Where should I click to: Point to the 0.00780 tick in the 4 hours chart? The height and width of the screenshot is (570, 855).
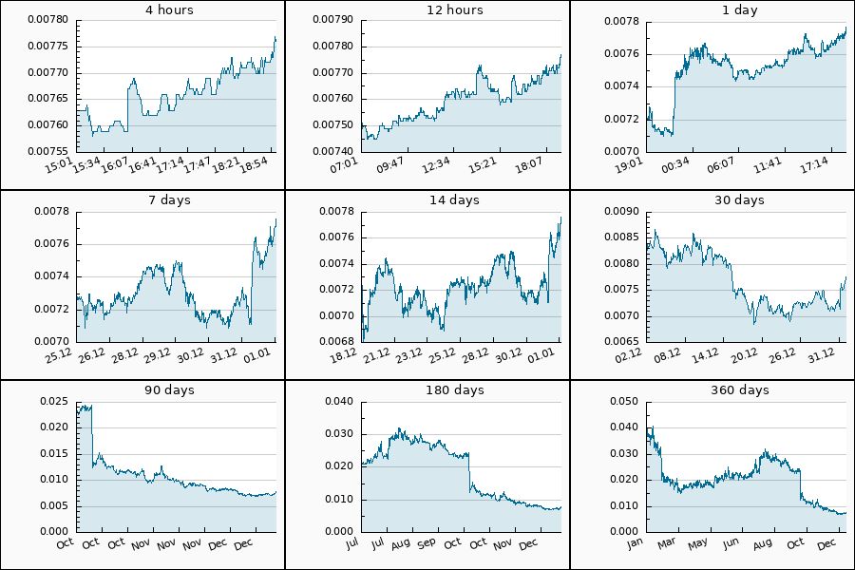[x=47, y=20]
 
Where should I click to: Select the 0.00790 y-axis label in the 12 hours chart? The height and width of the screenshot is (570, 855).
[x=332, y=20]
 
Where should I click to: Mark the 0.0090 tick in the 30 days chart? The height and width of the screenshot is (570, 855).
[x=620, y=211]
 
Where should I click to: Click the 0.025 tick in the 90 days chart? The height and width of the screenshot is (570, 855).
[x=53, y=401]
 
